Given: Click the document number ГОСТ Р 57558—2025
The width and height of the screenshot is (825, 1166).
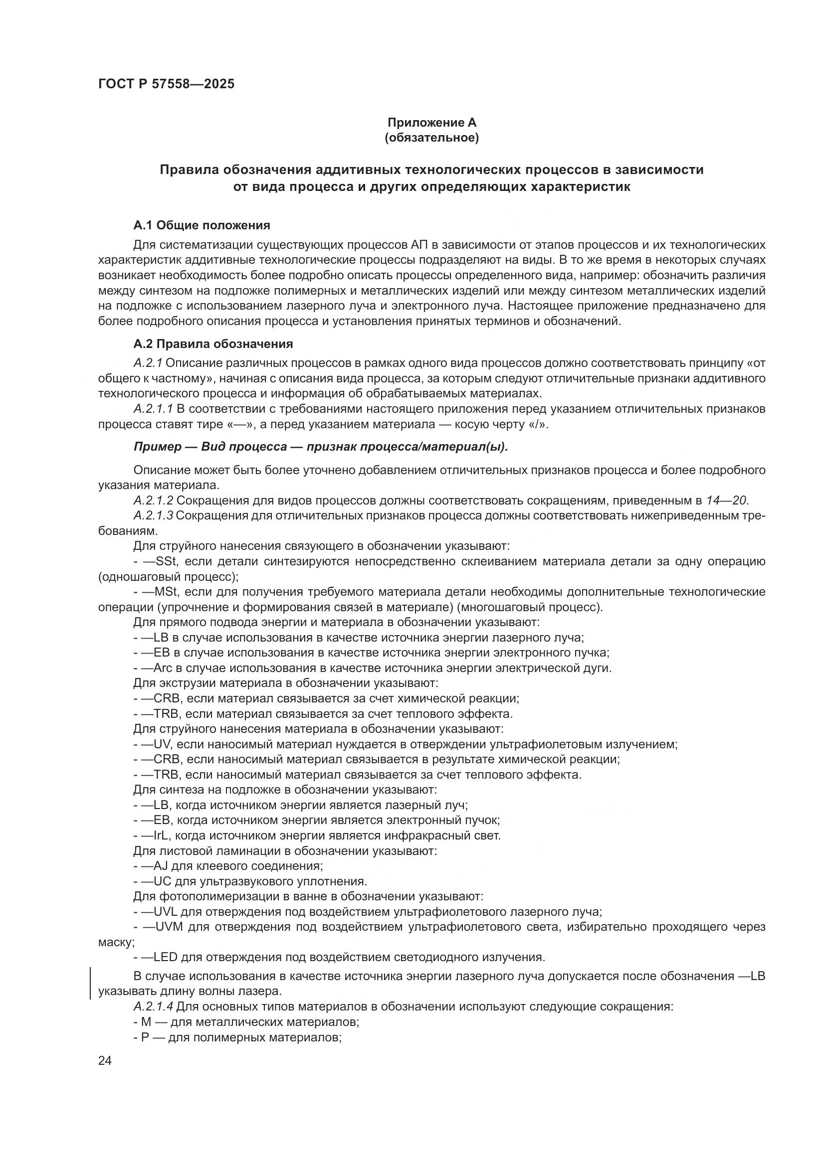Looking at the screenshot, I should click(166, 84).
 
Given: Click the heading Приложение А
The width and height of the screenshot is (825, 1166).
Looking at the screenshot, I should click(432, 123).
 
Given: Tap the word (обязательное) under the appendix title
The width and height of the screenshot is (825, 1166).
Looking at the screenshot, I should click(432, 138).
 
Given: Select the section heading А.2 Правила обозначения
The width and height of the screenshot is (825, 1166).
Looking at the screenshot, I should click(213, 344).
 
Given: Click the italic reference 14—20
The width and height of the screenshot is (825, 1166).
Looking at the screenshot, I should click(726, 500).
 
